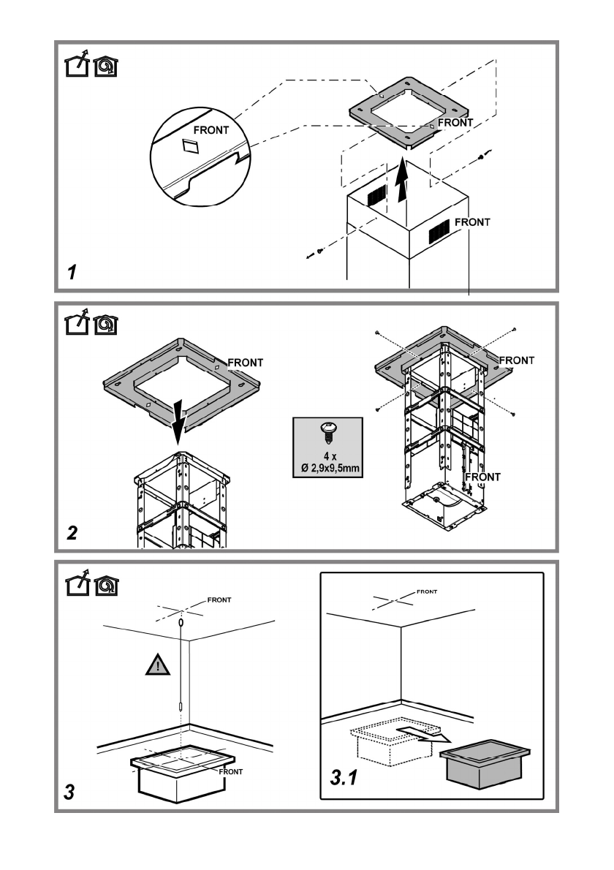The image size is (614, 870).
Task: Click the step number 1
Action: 72,273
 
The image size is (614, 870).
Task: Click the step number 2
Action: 72,533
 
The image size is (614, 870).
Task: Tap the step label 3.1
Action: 344,778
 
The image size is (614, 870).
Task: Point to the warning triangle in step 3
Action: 158,664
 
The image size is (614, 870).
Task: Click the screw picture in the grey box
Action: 327,433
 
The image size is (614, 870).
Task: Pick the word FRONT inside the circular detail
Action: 211,130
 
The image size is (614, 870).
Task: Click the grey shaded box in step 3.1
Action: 485,763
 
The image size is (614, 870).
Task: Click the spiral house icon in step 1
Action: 106,67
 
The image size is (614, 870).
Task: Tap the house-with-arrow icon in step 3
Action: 77,583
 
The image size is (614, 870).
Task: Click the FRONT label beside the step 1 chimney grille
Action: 473,222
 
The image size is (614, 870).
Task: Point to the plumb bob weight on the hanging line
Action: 181,708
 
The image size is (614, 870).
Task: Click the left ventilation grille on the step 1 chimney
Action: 376,196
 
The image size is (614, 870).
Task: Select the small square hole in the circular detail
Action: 190,145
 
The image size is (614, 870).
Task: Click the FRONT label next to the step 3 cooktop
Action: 231,772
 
